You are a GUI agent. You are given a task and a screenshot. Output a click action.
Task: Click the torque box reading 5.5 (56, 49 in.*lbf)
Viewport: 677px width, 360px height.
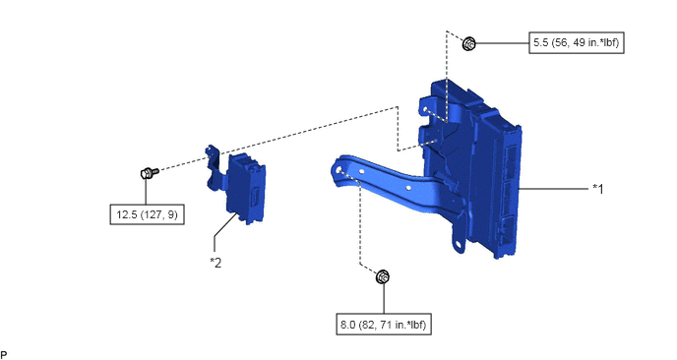[x=577, y=42]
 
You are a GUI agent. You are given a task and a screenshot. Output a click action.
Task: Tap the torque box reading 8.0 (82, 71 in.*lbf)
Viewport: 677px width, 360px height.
[x=384, y=325]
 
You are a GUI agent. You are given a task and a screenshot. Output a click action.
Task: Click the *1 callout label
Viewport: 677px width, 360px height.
[x=598, y=189]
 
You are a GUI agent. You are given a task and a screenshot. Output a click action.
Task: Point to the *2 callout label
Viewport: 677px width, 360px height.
[x=215, y=262]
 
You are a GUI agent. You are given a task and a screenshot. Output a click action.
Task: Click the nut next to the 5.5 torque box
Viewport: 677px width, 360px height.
[x=469, y=43]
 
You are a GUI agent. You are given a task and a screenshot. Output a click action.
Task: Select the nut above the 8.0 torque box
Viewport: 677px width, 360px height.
[x=383, y=276]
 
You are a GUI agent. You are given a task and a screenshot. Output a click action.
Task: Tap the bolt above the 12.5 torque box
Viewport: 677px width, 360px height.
[x=150, y=173]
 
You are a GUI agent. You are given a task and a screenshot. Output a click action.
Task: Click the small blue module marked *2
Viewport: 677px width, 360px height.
[x=245, y=189]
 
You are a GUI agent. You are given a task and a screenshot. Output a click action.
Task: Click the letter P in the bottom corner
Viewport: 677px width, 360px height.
[x=4, y=355]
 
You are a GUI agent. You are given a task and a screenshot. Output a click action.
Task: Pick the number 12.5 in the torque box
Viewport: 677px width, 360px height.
[x=127, y=214]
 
